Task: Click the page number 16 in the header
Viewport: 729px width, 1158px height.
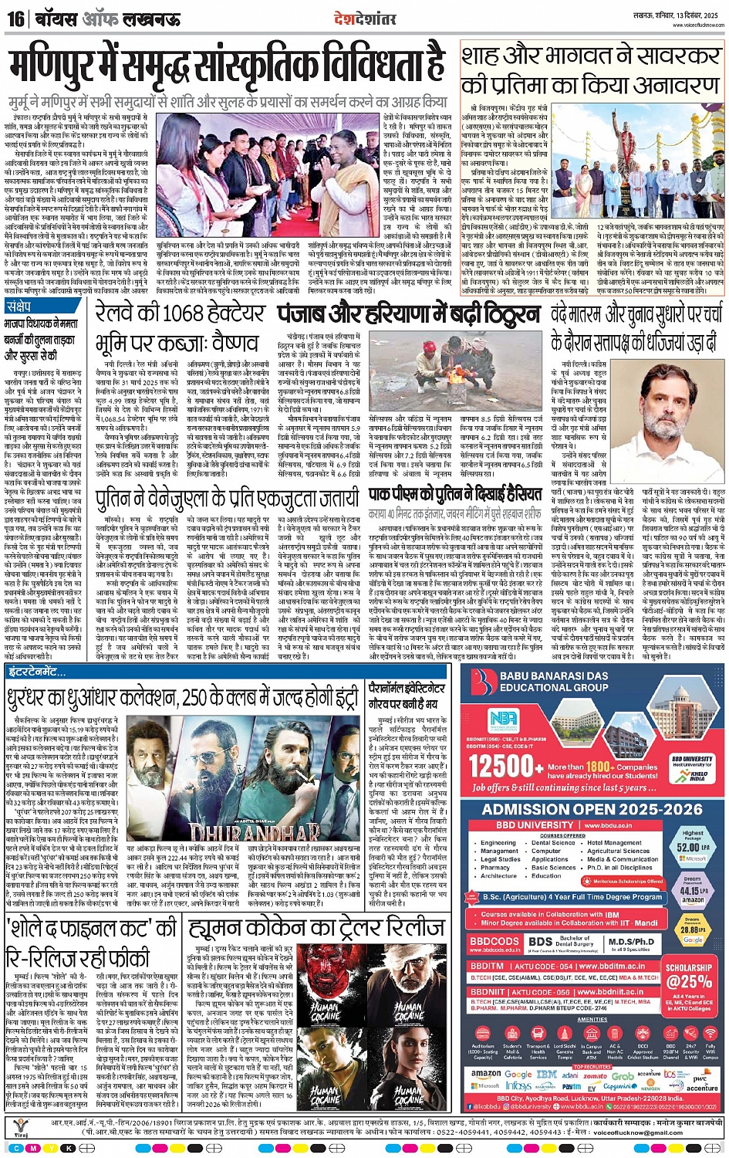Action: (x=15, y=18)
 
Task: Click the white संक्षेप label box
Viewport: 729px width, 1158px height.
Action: (x=19, y=307)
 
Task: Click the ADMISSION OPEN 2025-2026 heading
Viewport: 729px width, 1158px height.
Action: (x=592, y=809)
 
